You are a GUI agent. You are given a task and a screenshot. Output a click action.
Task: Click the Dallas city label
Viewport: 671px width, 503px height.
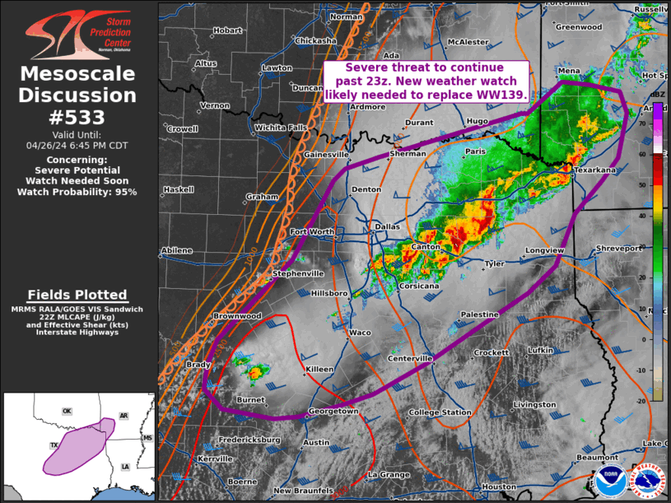pos(386,226)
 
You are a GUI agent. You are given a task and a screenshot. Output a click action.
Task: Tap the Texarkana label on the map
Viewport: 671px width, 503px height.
pos(594,170)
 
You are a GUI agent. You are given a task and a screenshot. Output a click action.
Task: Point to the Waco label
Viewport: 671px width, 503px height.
pos(361,332)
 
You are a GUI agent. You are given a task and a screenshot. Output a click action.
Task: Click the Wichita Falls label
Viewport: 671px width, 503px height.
pos(280,128)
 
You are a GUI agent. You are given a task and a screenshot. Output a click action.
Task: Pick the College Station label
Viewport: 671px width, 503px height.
pos(440,412)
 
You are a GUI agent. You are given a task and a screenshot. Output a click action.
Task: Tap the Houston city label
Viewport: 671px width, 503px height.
pos(499,487)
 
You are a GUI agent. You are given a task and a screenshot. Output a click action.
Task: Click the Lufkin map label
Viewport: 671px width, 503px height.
pos(540,350)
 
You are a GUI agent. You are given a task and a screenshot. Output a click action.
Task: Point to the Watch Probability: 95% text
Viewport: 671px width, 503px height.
pos(77,191)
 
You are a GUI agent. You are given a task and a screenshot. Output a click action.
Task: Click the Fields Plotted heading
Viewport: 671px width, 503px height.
pos(77,295)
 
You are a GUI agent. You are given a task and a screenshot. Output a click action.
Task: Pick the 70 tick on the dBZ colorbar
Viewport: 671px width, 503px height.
pos(644,123)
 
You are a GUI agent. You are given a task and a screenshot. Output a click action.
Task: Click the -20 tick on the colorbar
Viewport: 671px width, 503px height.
pos(644,398)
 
